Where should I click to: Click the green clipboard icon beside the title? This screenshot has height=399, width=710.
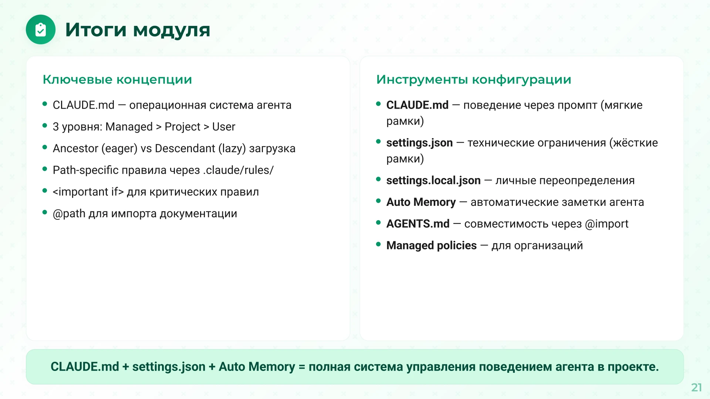click(x=41, y=30)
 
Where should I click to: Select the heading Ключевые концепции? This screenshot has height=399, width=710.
click(x=117, y=79)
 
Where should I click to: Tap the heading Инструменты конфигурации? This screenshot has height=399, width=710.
click(x=474, y=80)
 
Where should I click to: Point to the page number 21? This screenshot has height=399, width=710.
click(x=697, y=387)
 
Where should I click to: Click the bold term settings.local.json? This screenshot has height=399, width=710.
click(x=433, y=180)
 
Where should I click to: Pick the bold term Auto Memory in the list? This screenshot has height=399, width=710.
click(x=421, y=202)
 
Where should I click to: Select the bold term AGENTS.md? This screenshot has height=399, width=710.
click(x=418, y=224)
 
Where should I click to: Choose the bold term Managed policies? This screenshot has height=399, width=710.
click(x=432, y=245)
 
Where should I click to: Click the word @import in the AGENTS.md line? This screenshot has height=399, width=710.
click(x=606, y=224)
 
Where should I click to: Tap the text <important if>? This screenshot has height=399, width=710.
click(x=88, y=192)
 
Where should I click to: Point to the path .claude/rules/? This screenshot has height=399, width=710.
click(x=238, y=170)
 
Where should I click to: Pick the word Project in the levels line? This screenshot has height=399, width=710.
click(x=182, y=127)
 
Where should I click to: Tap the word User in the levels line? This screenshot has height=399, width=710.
click(x=223, y=127)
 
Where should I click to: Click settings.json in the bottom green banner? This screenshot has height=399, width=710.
click(x=169, y=367)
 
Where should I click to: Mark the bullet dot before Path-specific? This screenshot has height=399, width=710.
click(x=45, y=169)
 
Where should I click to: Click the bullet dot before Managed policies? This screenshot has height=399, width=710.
click(x=378, y=244)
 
